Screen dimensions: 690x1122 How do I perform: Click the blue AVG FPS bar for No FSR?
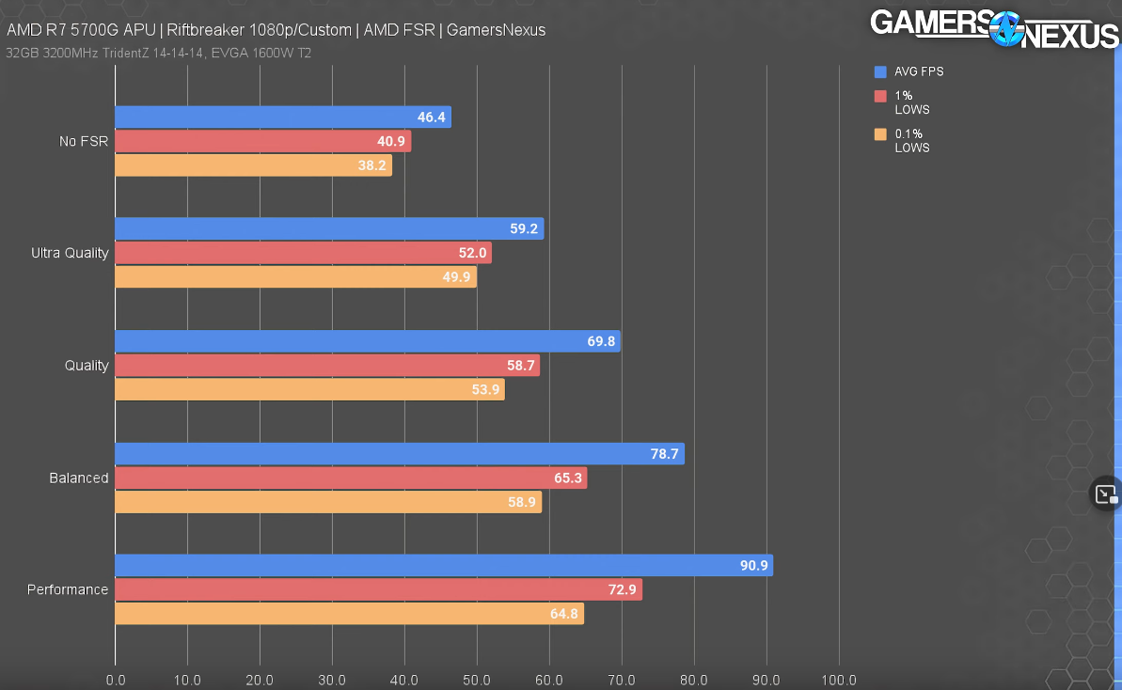coord(282,118)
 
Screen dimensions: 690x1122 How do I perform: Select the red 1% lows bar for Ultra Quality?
coord(303,253)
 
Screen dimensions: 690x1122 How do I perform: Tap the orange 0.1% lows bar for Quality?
coord(309,389)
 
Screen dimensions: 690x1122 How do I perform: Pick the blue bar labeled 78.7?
coord(400,454)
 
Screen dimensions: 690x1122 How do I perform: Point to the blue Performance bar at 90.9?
coord(444,566)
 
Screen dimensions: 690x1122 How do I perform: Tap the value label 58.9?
coord(521,502)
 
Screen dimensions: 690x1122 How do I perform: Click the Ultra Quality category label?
coord(70,253)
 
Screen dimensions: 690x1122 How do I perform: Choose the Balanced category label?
coord(79,478)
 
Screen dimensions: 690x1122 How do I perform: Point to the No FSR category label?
coord(84,142)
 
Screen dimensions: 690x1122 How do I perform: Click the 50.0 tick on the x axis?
coord(477,680)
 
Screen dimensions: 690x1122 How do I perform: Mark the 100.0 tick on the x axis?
coord(838,680)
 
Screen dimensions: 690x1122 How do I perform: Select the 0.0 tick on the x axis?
coord(116,680)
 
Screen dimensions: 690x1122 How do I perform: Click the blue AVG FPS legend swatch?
coord(880,71)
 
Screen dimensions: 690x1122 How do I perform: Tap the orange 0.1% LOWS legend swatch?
coord(880,134)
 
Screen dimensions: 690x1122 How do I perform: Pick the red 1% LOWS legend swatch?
coord(880,96)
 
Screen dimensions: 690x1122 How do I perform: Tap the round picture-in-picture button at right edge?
coord(1105,494)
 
